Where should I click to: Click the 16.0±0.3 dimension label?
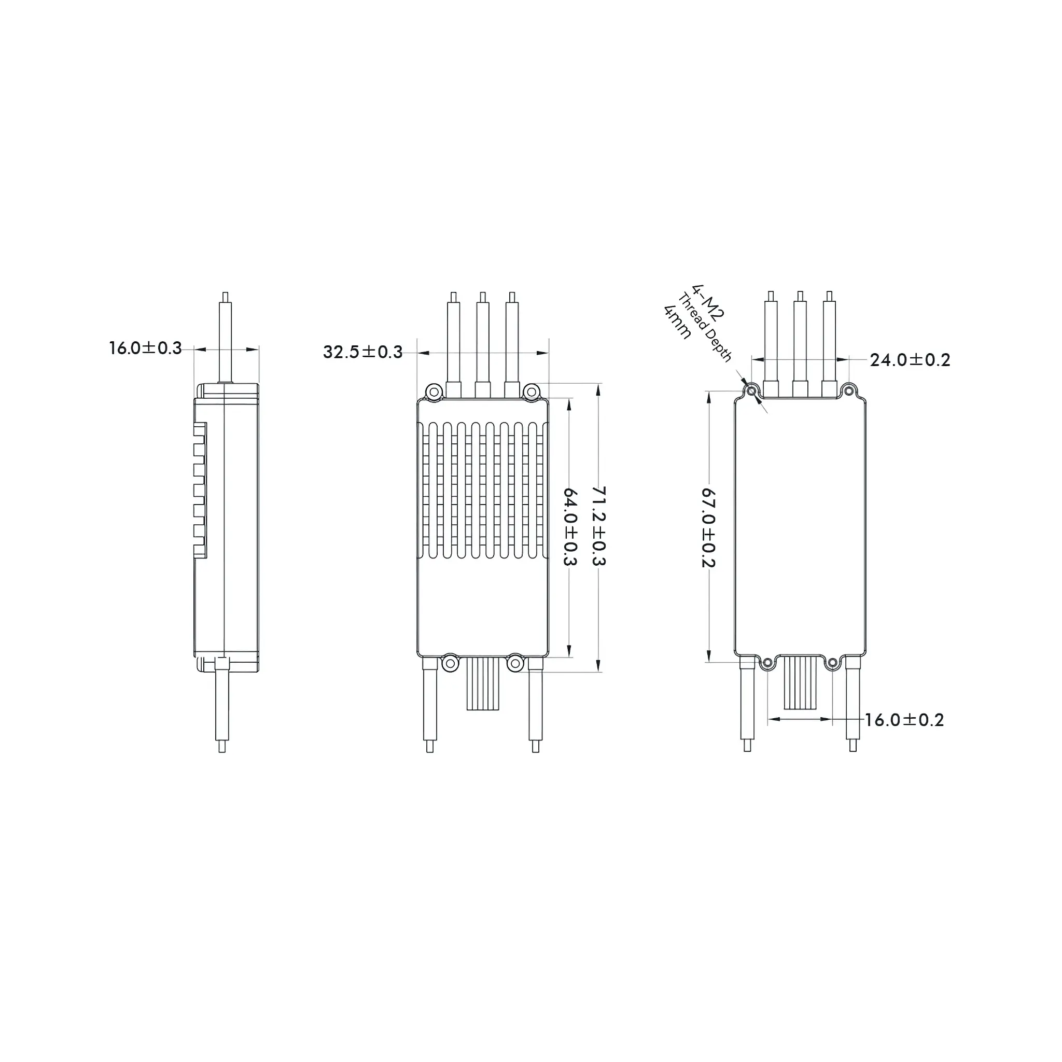click(145, 348)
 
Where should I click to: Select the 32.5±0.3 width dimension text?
click(363, 352)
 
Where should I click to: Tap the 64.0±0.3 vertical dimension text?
click(570, 527)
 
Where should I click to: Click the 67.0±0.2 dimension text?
click(708, 527)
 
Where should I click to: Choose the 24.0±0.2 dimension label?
click(910, 360)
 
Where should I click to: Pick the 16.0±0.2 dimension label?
click(904, 720)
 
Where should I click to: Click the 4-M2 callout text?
click(709, 302)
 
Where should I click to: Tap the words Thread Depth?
click(705, 328)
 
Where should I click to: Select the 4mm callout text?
click(677, 322)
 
